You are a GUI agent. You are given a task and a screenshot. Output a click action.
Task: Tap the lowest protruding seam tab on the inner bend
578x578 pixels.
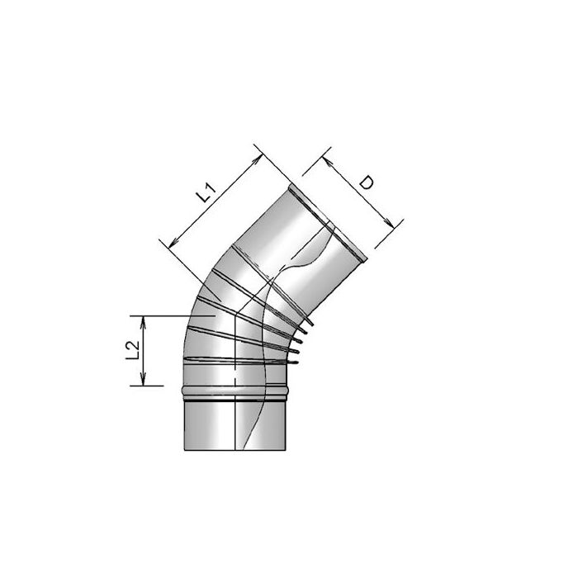click(293, 361)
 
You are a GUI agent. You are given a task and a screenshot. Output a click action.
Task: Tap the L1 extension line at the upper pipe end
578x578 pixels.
click(272, 165)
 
